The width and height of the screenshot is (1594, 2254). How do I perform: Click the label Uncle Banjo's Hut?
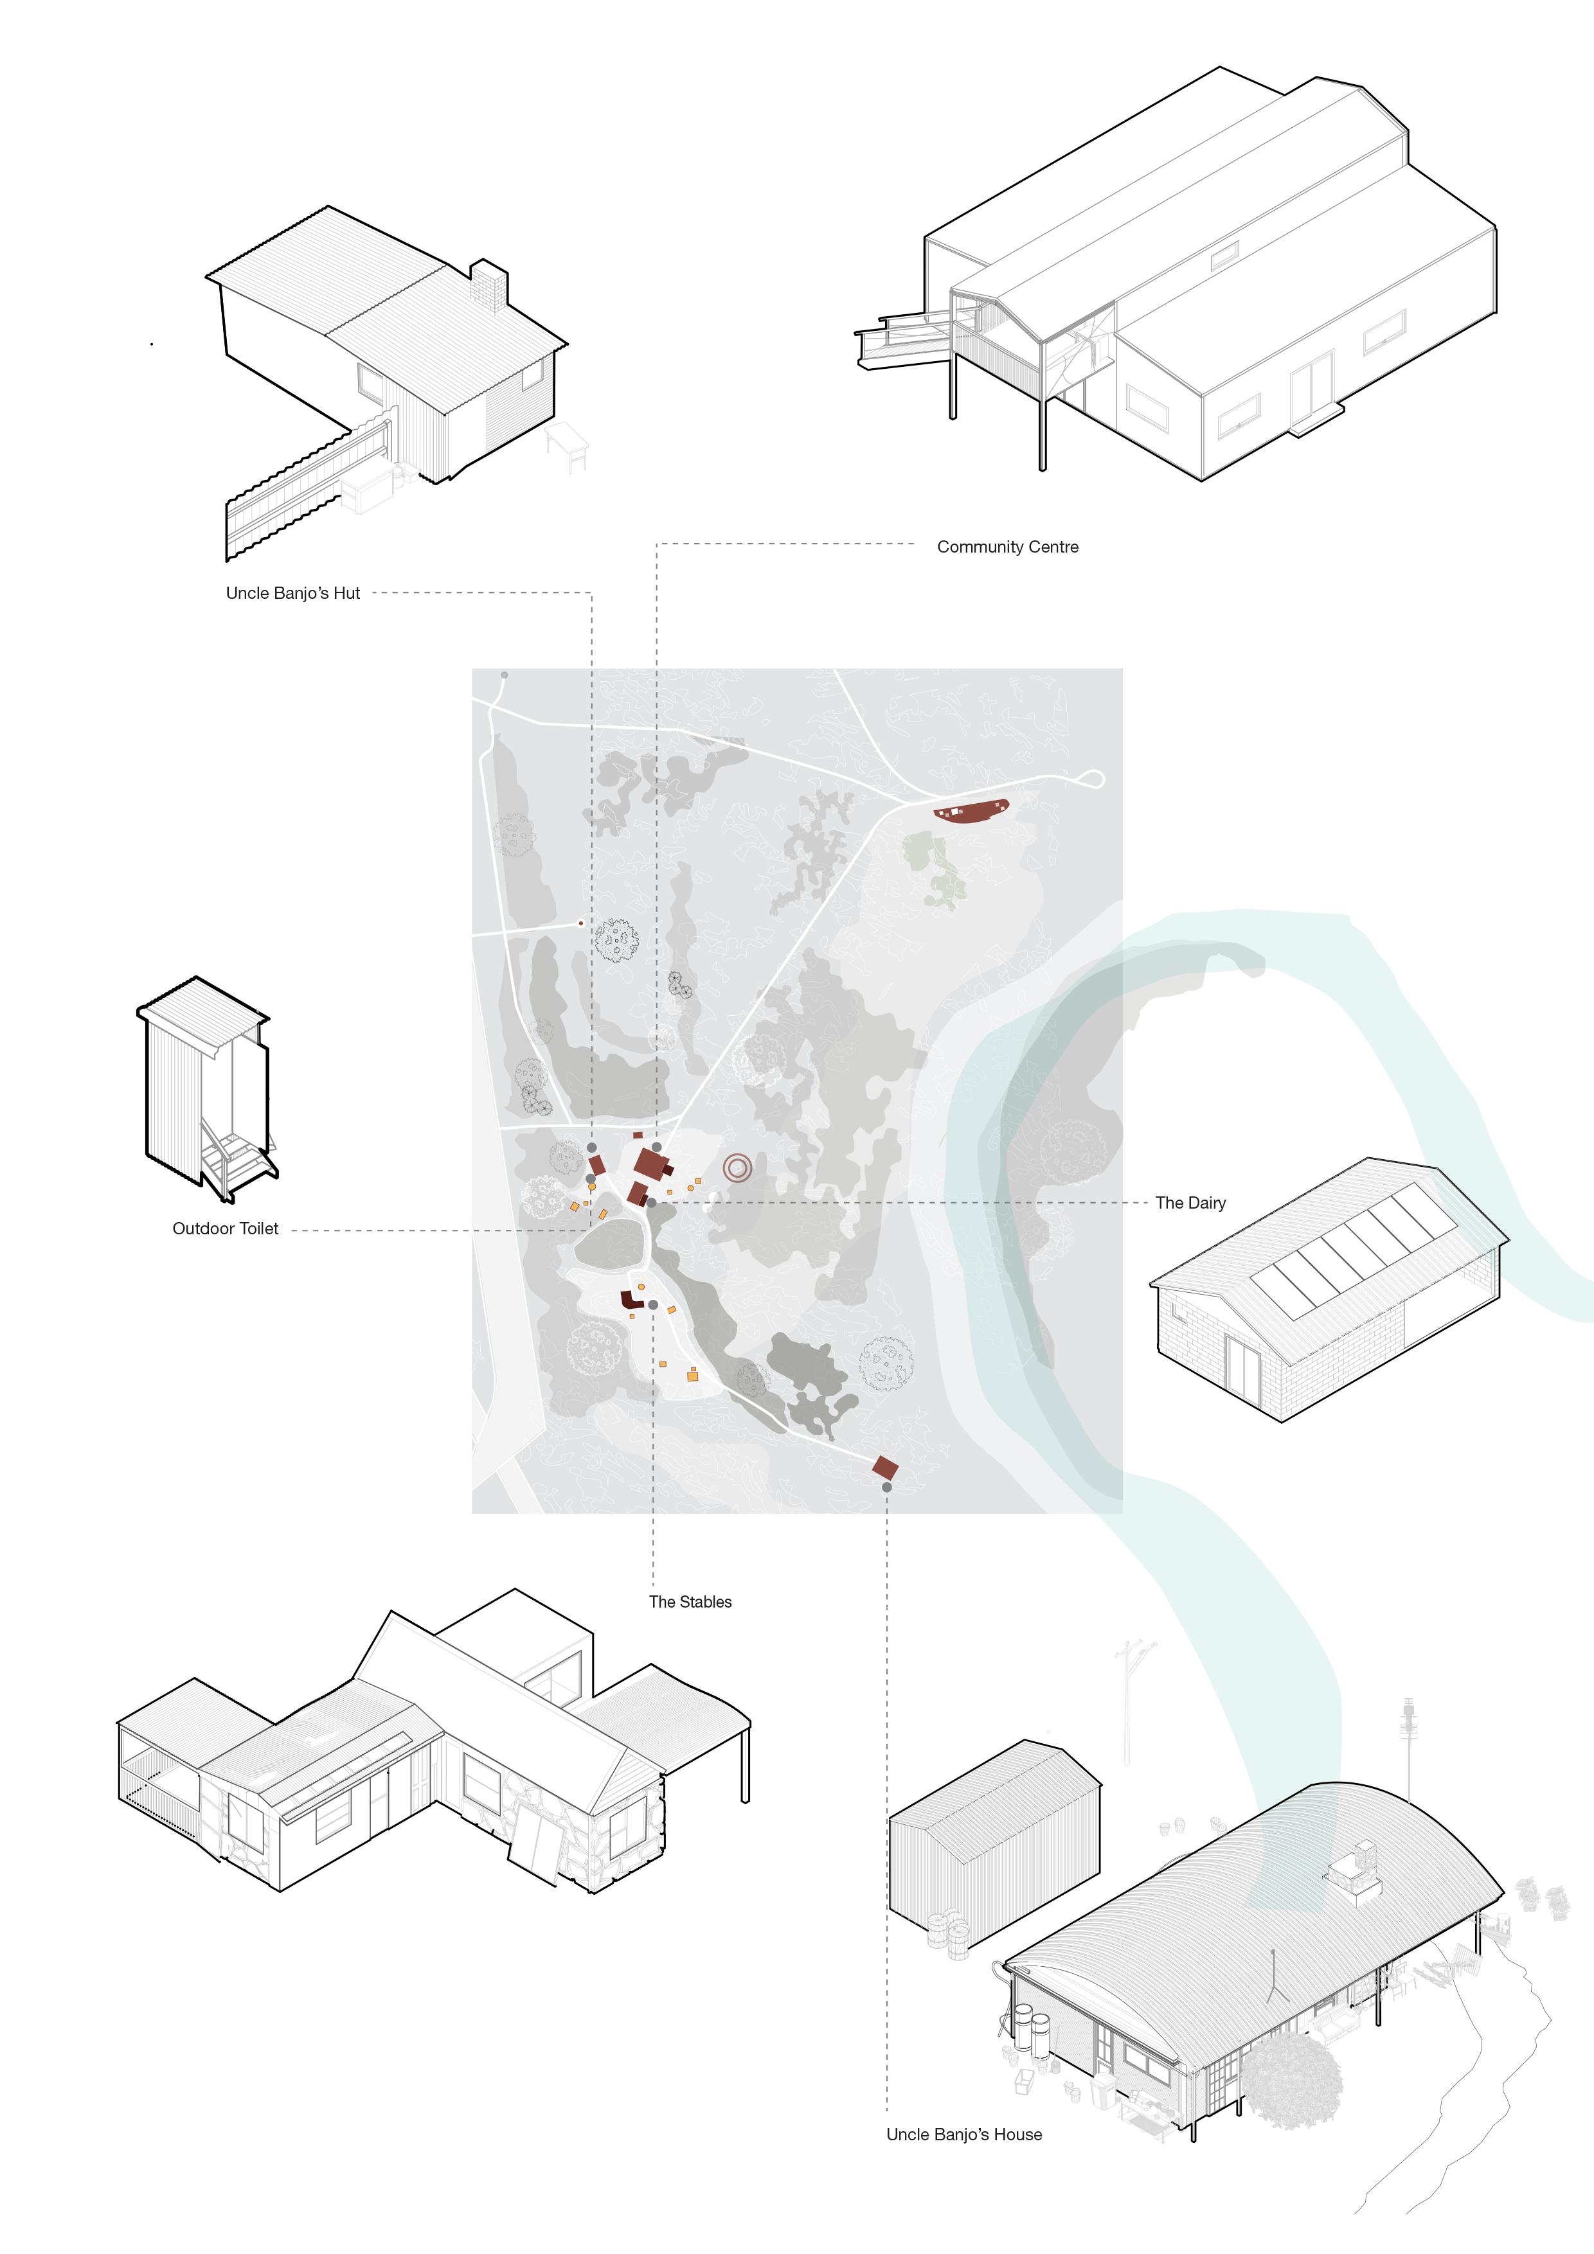pos(292,593)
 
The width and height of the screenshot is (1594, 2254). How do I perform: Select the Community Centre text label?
pos(1008,547)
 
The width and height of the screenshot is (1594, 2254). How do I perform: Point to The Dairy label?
pos(1190,1203)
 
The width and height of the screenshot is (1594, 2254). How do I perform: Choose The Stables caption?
pos(690,1601)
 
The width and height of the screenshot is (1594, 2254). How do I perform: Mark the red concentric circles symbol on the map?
pos(738,1168)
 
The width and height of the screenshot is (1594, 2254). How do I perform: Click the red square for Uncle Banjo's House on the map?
pos(885,1468)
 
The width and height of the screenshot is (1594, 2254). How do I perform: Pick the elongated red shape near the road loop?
pos(971,811)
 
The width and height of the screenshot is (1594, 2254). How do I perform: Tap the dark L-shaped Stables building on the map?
pos(629,1300)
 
